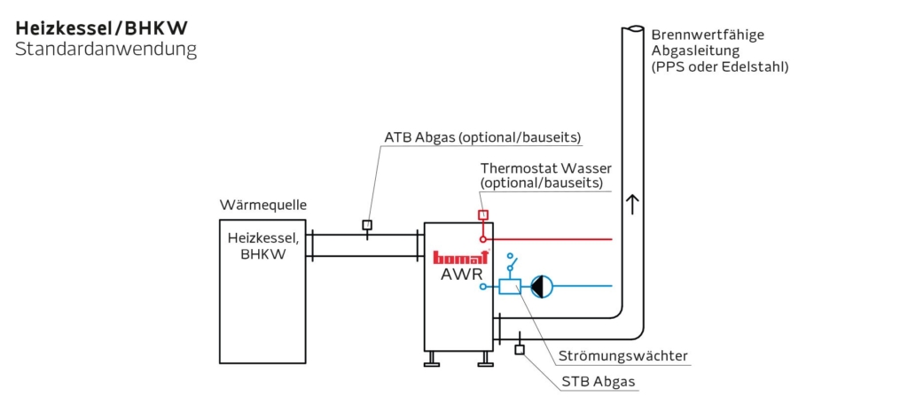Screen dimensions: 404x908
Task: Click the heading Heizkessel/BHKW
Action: point(102,28)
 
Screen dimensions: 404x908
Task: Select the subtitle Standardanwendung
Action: point(106,50)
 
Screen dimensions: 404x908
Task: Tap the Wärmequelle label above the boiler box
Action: point(263,206)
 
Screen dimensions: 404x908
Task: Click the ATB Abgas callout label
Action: point(482,137)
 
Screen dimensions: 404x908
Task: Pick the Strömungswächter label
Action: point(623,357)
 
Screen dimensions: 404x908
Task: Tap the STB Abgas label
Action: point(599,383)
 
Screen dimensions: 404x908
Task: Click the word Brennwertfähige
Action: point(708,35)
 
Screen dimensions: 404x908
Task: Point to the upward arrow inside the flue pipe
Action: point(632,205)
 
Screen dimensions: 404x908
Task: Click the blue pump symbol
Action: point(541,286)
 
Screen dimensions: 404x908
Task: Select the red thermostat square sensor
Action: point(483,214)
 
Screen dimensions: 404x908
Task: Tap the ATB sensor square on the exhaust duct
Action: point(367,224)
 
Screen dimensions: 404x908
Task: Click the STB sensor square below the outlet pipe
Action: point(520,350)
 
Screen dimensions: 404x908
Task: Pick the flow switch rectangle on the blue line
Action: point(510,286)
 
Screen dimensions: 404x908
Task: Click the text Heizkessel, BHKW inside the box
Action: point(263,245)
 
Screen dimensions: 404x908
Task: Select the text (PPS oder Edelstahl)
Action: point(719,66)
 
